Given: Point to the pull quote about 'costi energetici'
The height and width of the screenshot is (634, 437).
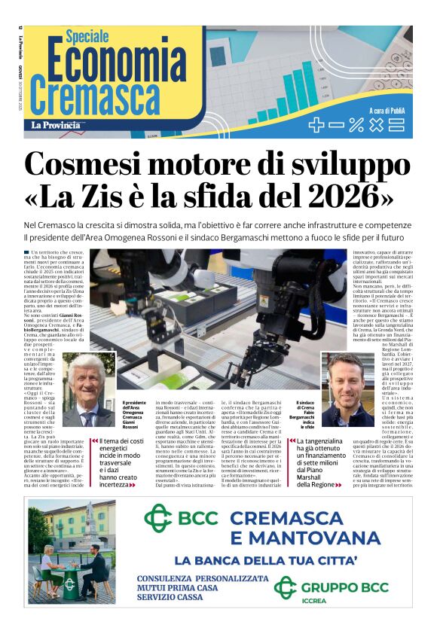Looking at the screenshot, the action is pos(119,463).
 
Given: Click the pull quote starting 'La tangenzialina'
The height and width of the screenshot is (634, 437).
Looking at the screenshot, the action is pos(326,463).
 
